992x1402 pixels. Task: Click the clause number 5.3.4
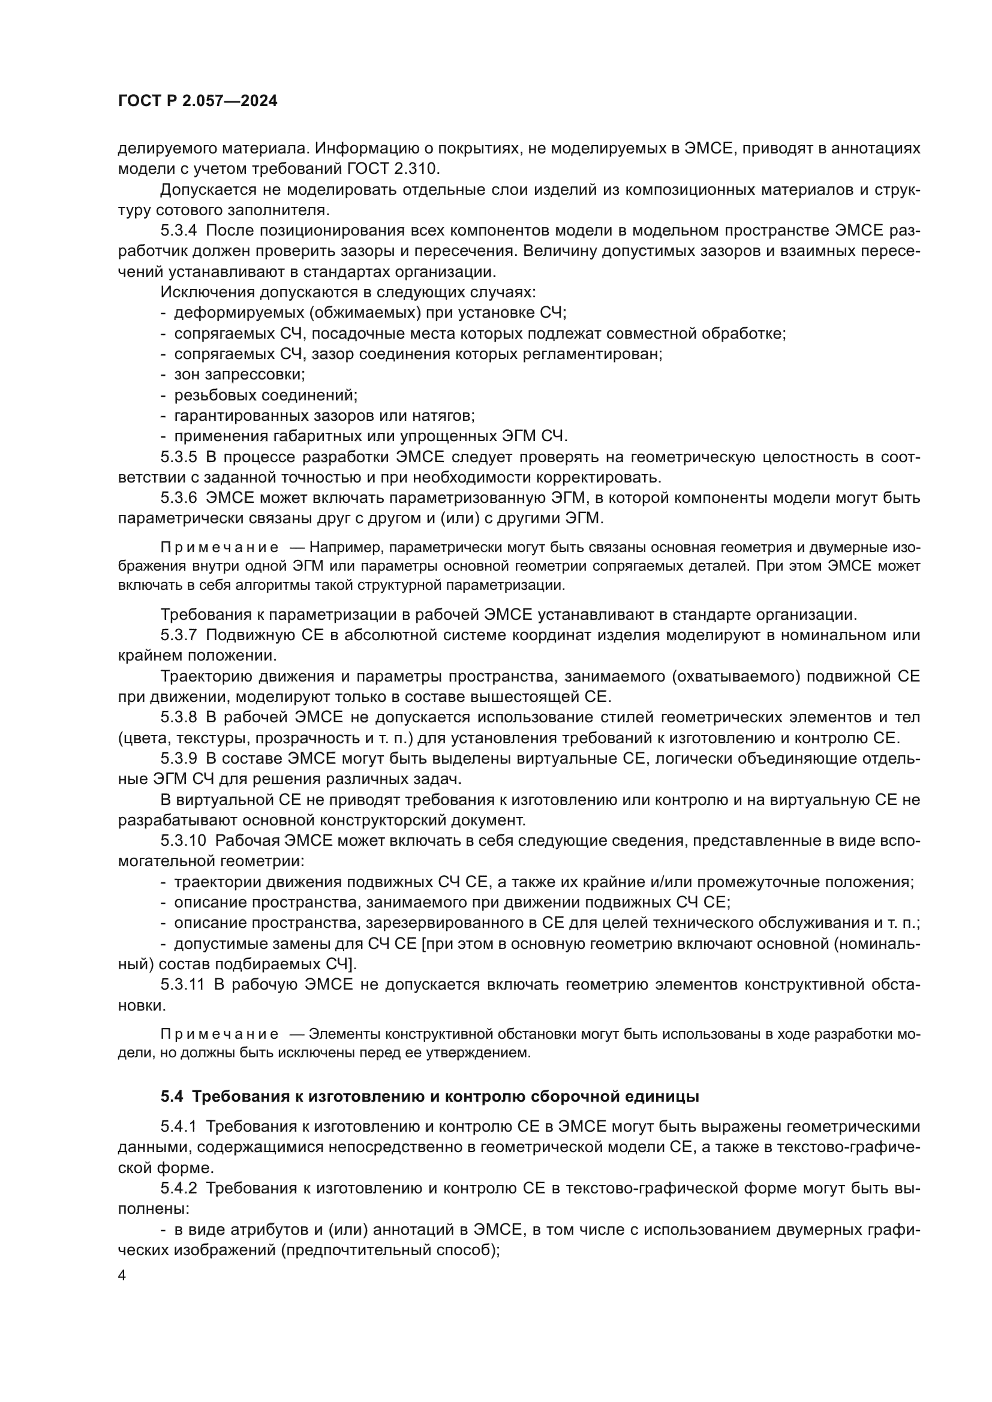point(178,231)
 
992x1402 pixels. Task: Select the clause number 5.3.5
point(178,457)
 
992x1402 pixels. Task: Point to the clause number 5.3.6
point(178,498)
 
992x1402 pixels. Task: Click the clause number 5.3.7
point(178,635)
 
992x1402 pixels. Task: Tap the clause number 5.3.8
point(178,717)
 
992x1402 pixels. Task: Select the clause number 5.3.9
point(178,758)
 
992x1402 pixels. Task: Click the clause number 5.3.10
point(183,840)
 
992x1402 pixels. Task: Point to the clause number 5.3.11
point(183,984)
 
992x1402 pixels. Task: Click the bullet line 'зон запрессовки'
point(239,374)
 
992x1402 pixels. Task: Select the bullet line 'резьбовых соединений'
point(265,395)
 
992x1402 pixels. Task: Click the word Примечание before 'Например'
point(220,547)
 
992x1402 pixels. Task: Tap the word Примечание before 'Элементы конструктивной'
point(220,1035)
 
